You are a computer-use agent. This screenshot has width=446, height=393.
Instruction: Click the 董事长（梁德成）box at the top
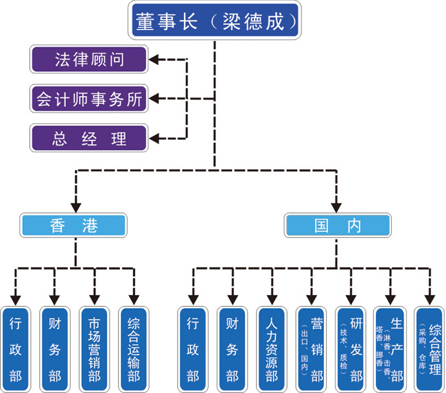pos(214,21)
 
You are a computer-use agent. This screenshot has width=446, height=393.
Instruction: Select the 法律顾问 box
pos(89,60)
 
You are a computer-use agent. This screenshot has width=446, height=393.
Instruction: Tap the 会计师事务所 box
pos(89,99)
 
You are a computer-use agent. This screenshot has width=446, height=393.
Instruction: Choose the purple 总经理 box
pos(89,138)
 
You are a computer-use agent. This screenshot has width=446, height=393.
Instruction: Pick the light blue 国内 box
pos(338,225)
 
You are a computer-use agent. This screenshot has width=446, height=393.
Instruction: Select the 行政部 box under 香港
pos(16,348)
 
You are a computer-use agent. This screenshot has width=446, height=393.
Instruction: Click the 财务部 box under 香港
pos(55,348)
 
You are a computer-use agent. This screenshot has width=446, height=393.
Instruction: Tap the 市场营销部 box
pos(94,348)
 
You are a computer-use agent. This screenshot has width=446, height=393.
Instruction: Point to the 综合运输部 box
pos(134,348)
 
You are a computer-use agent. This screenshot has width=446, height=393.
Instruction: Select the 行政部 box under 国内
pos(193,348)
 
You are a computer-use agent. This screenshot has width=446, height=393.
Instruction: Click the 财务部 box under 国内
pos(233,348)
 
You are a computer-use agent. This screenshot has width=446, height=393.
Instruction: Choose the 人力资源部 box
pos(272,348)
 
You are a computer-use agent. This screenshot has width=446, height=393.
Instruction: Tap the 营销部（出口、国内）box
pos(312,348)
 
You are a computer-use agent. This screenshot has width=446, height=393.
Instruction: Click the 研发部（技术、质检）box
pos(351,348)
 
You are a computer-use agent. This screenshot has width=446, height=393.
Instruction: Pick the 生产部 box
pos(391,348)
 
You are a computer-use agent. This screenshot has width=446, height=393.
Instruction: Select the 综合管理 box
pos(430,348)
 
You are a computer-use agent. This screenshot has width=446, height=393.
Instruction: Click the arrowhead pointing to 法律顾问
pos(154,60)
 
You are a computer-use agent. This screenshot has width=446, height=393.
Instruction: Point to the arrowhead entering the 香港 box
pos(75,206)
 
